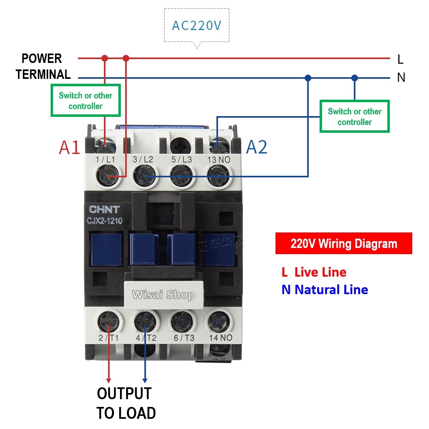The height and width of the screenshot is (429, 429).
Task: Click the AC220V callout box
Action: click(196, 25)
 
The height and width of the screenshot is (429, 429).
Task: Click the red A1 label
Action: click(69, 147)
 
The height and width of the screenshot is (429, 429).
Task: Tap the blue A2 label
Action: click(257, 147)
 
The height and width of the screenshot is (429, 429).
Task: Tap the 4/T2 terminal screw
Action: click(145, 322)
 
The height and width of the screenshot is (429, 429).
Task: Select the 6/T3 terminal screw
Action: click(181, 322)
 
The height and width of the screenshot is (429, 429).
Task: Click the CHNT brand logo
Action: click(104, 210)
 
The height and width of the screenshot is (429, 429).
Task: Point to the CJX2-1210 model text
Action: click(104, 221)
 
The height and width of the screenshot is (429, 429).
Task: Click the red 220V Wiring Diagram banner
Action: click(344, 244)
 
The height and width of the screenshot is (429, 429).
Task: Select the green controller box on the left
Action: click(85, 101)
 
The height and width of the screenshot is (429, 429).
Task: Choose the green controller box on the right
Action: click(354, 116)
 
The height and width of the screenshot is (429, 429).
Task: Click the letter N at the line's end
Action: click(401, 77)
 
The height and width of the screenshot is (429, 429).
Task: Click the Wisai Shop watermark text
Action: click(163, 295)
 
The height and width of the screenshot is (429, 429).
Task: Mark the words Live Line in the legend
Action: click(320, 272)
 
